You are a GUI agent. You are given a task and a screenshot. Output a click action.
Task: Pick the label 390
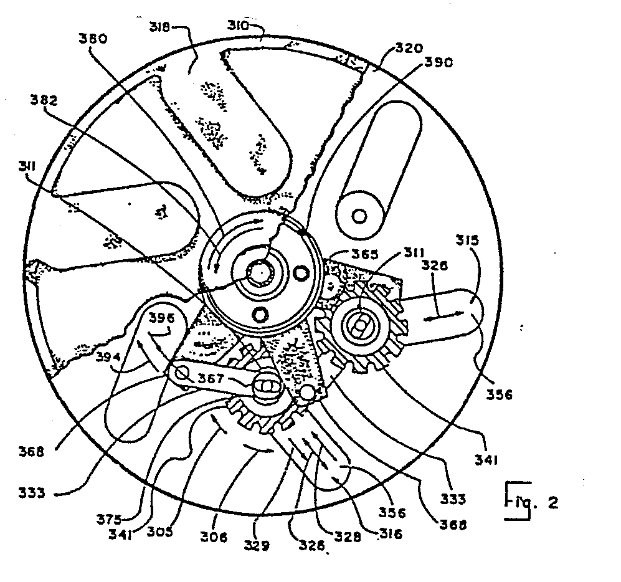tap(440, 62)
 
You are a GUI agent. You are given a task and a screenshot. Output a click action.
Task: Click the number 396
tap(163, 317)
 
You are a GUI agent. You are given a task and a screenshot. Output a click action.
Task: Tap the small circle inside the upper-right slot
tap(359, 216)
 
